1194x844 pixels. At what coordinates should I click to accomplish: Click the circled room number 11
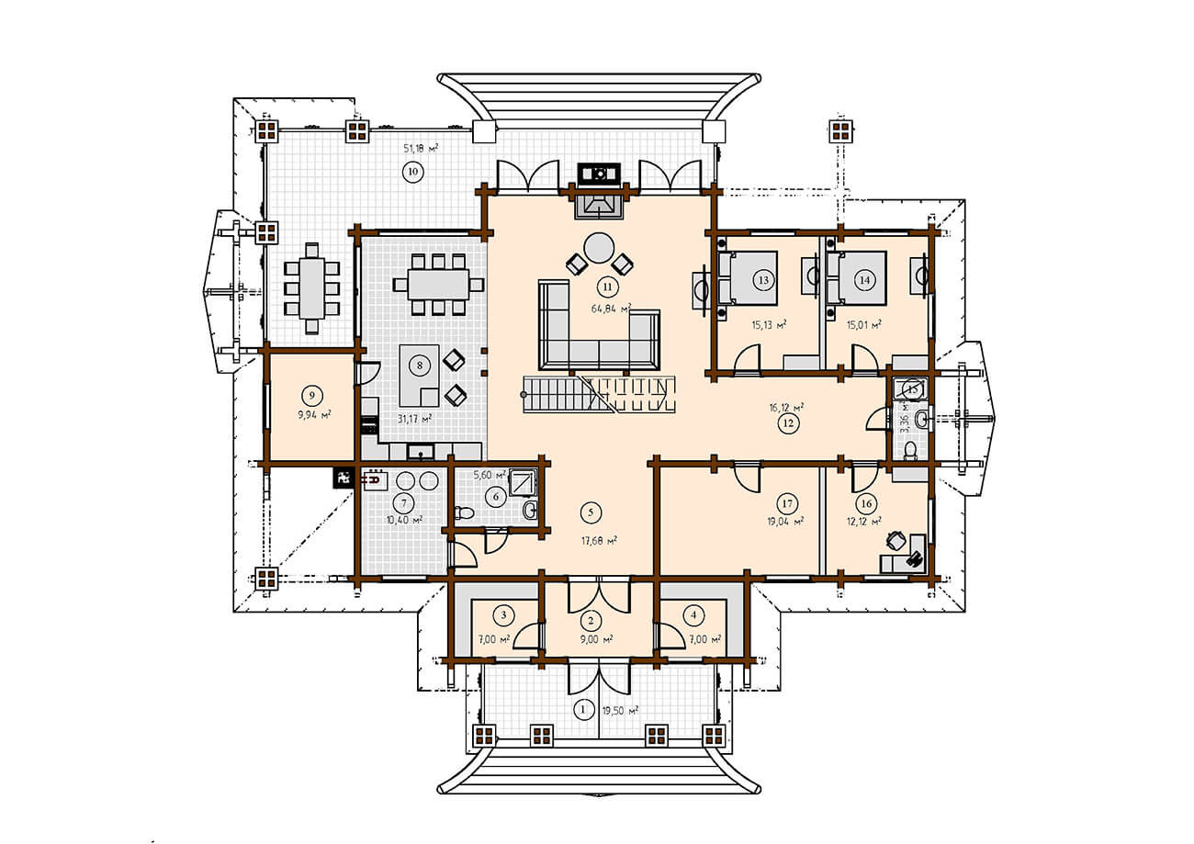tap(608, 287)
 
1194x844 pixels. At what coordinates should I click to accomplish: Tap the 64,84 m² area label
tap(611, 308)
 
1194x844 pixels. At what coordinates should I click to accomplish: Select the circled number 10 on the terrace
tap(412, 172)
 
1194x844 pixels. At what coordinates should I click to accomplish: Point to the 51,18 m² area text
tap(421, 148)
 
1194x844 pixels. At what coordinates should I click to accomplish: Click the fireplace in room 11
tap(600, 207)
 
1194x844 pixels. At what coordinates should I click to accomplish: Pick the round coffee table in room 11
tap(599, 248)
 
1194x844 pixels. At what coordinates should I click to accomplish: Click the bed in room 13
tap(747, 278)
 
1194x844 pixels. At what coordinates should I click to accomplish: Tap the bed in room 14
tap(857, 278)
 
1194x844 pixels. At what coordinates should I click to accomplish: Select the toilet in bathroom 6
tap(464, 512)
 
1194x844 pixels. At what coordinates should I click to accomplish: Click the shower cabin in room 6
tap(522, 482)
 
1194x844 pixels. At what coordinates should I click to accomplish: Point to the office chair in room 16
tap(896, 540)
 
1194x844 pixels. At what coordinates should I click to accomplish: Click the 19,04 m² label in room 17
tap(785, 521)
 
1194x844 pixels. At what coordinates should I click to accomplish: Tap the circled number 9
tap(312, 395)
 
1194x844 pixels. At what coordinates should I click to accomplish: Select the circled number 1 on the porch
tap(582, 710)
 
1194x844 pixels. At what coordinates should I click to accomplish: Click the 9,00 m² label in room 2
tap(596, 639)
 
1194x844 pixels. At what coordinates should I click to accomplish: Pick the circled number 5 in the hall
tap(591, 512)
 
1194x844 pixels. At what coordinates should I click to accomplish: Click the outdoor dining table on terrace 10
tap(312, 288)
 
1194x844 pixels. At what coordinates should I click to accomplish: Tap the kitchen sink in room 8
tap(421, 452)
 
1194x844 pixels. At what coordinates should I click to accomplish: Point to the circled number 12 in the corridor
tap(788, 423)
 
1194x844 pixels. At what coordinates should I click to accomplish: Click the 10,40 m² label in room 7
tap(405, 520)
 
